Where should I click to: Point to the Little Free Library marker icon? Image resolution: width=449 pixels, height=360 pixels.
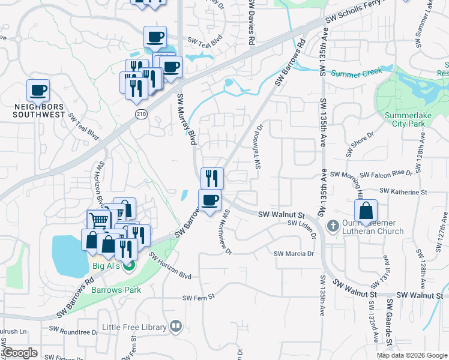176,326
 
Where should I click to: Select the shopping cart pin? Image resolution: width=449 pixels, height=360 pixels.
98,220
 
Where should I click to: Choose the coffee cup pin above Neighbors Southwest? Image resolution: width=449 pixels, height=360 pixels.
38,91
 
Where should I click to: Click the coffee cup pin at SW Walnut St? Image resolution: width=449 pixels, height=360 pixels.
209,199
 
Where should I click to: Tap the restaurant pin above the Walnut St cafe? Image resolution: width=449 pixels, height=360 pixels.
212,178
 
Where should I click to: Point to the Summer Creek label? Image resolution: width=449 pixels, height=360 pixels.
356,74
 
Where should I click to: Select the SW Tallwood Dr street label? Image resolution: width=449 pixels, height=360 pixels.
259,146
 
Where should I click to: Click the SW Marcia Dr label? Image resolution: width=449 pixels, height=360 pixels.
294,254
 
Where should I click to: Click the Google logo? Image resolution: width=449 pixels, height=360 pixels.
20,353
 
